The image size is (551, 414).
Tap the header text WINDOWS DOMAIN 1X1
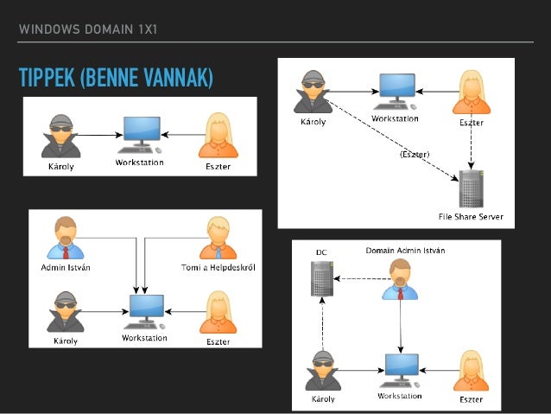87,31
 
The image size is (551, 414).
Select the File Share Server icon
471,188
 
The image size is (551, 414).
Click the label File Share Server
471,216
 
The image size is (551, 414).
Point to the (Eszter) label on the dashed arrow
415,154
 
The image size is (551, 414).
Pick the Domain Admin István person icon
400,279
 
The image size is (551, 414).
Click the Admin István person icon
66,239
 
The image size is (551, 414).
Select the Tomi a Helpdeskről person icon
217,239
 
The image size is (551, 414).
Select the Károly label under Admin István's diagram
65,341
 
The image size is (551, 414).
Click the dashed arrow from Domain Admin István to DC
358,278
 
